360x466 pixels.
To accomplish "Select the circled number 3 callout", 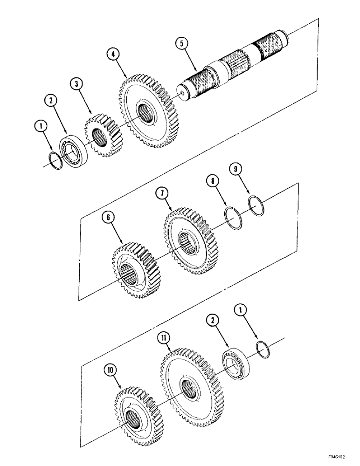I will (x=76, y=84).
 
